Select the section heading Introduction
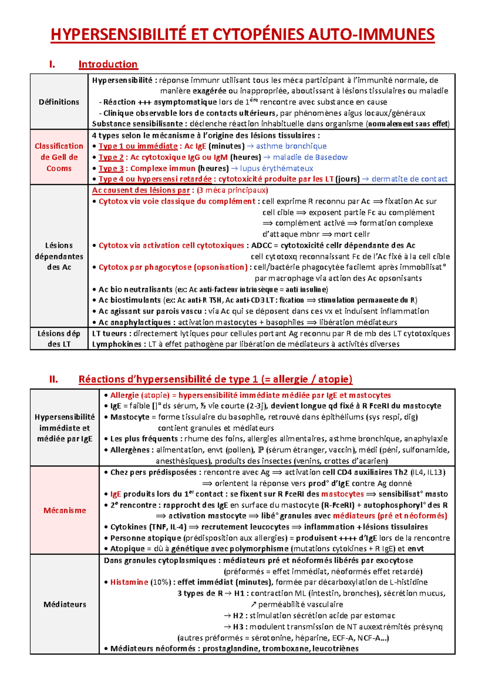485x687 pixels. click(108, 64)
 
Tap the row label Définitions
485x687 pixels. click(59, 102)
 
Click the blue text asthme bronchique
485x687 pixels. click(291, 146)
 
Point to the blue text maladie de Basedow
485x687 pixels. click(310, 157)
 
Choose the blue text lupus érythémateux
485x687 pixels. click(276, 168)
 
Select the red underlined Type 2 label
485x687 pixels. click(111, 157)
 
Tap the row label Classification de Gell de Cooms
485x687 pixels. click(59, 157)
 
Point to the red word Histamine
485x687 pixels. click(129, 582)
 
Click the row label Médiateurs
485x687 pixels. click(65, 604)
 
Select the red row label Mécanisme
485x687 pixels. click(65, 511)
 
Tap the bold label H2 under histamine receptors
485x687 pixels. click(238, 616)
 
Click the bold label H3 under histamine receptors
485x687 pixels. click(238, 627)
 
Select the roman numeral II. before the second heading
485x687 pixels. click(53, 380)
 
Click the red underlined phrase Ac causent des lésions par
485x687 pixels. click(141, 190)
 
